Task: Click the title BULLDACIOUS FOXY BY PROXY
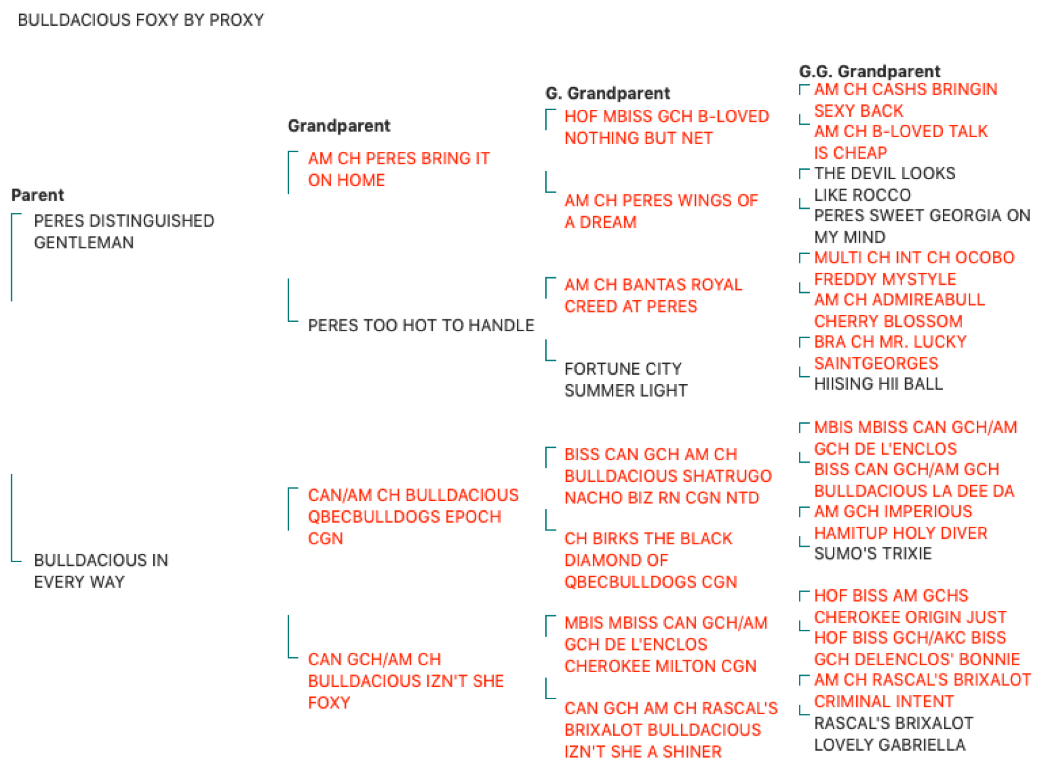point(141,20)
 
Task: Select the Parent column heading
point(38,195)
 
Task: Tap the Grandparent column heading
point(339,126)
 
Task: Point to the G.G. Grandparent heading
point(869,72)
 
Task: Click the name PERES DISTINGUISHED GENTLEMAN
point(124,232)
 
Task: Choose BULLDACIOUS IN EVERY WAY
point(101,571)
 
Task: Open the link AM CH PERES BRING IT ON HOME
point(399,169)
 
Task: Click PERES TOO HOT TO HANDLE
point(421,326)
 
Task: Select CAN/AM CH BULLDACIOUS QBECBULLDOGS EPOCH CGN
point(414,516)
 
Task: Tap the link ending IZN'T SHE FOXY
point(406,681)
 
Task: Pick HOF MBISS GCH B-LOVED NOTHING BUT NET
point(667,127)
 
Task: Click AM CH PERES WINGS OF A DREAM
point(661,211)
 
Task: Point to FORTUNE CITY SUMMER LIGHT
point(626,379)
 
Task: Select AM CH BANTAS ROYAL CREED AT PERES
point(653,295)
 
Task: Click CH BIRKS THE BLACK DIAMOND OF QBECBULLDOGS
point(651,560)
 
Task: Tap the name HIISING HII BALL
point(879,384)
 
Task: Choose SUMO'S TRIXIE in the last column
point(872,553)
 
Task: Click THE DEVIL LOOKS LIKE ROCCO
point(885,184)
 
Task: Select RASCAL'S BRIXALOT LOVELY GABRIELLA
point(893,734)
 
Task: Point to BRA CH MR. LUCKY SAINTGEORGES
point(890,353)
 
